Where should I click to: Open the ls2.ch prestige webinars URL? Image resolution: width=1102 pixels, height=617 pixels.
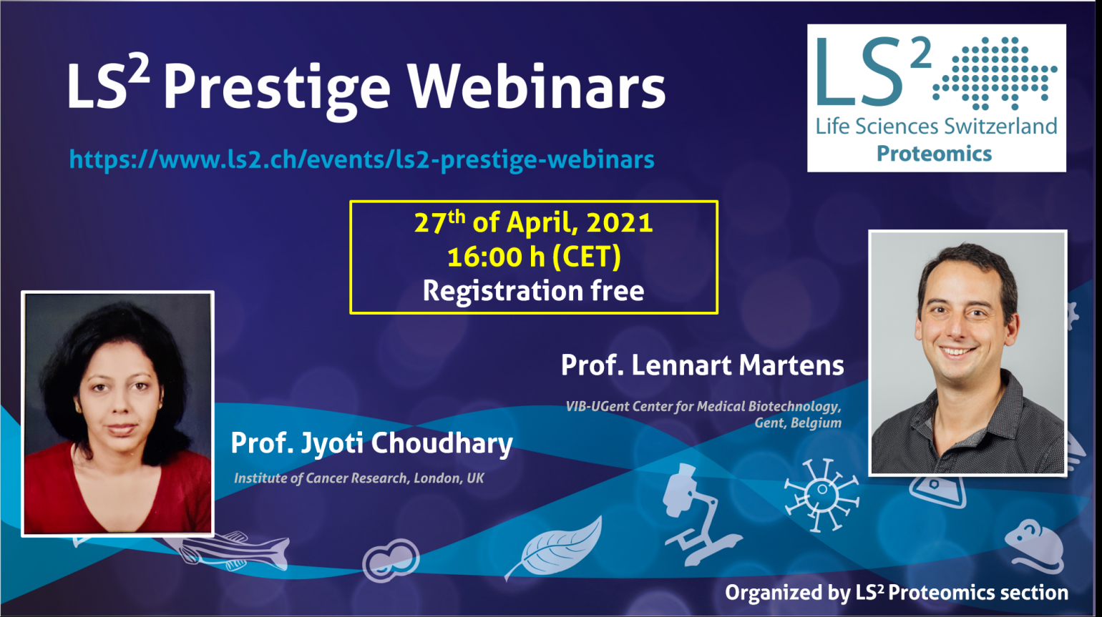[x=361, y=159]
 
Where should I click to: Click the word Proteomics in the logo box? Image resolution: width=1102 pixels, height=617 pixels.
[x=934, y=154]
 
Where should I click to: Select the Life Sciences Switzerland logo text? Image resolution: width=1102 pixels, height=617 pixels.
[x=936, y=127]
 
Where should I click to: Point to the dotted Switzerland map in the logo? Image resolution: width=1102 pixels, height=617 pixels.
[x=995, y=73]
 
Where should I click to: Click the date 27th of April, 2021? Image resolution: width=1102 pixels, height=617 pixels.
[x=533, y=222]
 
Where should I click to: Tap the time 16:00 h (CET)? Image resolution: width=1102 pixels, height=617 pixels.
[x=534, y=257]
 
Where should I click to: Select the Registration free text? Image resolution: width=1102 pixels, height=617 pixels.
[x=533, y=291]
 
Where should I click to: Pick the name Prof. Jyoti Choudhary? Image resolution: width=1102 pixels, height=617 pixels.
[x=371, y=444]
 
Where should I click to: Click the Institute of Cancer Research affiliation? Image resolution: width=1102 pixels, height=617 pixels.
[x=359, y=478]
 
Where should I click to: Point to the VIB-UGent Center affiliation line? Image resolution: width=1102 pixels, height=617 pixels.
[x=703, y=407]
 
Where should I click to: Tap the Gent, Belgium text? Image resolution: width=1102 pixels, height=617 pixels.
[x=798, y=423]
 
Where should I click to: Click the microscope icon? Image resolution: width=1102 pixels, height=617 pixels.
[x=698, y=514]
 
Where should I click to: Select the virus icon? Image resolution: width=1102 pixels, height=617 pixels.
[x=821, y=494]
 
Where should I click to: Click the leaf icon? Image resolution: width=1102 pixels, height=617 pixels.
[x=553, y=548]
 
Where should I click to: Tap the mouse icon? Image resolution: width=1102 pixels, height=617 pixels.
[x=1033, y=546]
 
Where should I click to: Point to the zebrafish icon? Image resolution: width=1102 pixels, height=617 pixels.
[x=231, y=550]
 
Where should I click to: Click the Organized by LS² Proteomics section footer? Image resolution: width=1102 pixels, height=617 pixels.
[x=897, y=593]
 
